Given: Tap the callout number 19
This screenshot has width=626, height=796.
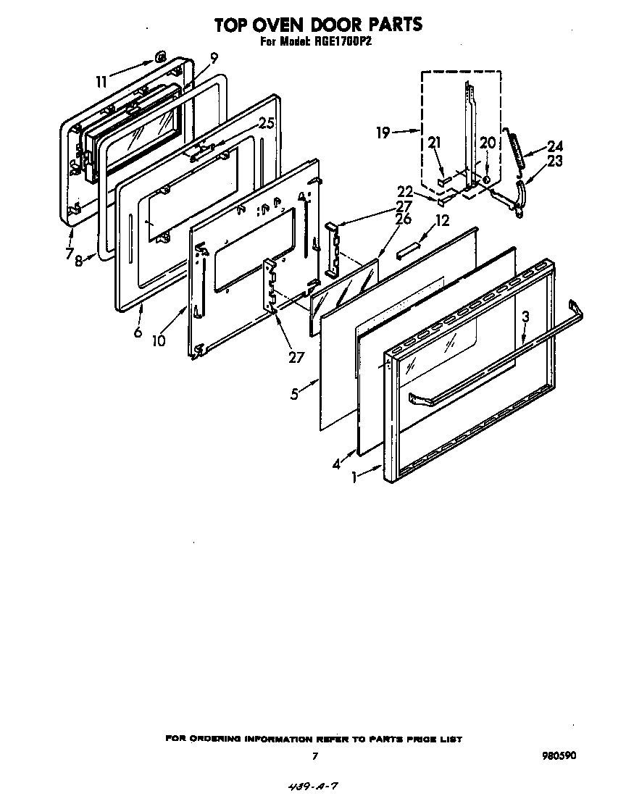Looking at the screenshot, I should pyautogui.click(x=384, y=132).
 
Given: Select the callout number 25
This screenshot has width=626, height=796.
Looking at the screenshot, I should pyautogui.click(x=267, y=124).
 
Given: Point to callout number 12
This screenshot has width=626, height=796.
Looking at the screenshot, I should pyautogui.click(x=442, y=220).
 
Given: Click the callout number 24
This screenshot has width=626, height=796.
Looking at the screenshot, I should pyautogui.click(x=555, y=145).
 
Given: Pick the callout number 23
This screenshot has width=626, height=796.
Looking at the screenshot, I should pyautogui.click(x=555, y=161).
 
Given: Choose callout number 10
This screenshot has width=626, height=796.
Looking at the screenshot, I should pyautogui.click(x=159, y=340).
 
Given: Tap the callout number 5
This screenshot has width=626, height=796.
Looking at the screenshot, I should pyautogui.click(x=295, y=395).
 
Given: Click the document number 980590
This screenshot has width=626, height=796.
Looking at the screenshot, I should pyautogui.click(x=559, y=755).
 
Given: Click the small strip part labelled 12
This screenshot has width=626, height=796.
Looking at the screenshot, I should pyautogui.click(x=408, y=250).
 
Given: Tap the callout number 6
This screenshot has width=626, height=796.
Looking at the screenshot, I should pyautogui.click(x=138, y=332).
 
